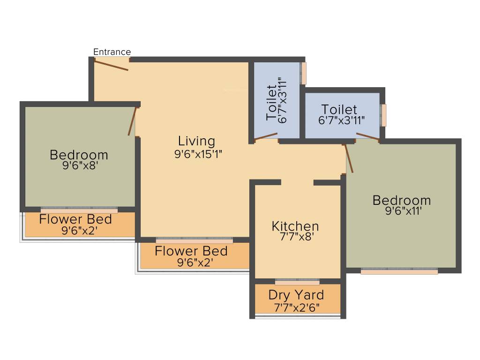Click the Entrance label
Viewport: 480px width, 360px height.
pos(112,52)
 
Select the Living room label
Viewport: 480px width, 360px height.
pos(196,141)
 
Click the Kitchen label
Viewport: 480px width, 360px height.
pos(295,226)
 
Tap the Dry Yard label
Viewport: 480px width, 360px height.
pos(296,295)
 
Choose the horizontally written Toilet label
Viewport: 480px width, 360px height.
pos(339,110)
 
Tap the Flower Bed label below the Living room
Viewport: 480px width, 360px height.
pos(191,251)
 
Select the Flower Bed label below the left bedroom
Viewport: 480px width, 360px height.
pos(75,219)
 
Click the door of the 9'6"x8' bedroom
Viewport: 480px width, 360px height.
pos(133,121)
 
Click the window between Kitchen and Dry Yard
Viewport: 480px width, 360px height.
pos(297,282)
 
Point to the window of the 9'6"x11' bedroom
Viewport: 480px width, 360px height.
pos(399,271)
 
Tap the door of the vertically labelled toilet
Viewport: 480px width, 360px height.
pos(266,136)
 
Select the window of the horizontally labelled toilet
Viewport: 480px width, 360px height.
pos(384,115)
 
